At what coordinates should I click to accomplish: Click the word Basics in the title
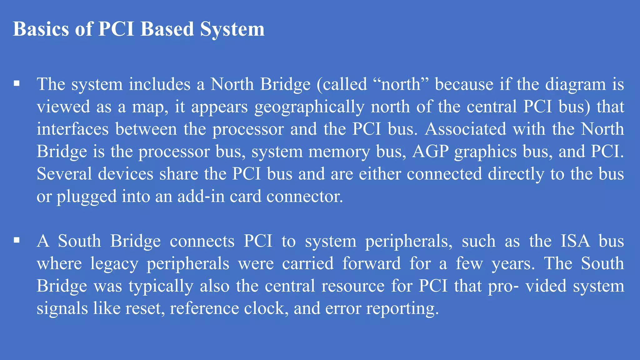41,29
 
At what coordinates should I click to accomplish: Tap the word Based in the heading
167,29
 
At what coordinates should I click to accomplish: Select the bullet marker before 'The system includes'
17,84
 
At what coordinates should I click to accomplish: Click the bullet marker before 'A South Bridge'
17,240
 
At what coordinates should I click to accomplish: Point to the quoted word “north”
401,84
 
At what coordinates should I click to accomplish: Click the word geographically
309,107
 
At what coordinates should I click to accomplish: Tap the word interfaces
72,129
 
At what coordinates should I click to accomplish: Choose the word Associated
465,129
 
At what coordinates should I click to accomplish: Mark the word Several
64,174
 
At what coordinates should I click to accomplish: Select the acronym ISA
575,241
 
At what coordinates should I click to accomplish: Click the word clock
266,308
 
